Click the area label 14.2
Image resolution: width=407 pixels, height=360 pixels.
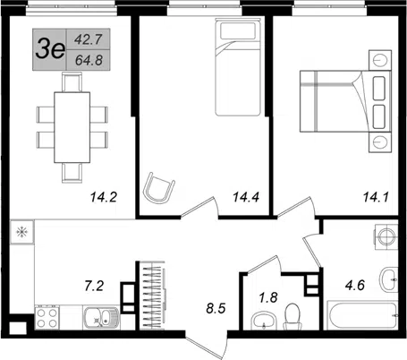[x=104, y=197]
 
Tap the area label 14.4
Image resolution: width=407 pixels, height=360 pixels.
[x=246, y=197]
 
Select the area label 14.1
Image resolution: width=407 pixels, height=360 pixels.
[x=376, y=197]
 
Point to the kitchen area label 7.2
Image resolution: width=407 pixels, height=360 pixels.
[x=94, y=286]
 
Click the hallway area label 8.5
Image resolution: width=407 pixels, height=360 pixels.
[x=216, y=308]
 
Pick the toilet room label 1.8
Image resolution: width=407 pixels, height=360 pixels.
[x=268, y=297]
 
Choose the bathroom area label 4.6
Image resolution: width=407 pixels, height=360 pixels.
[x=355, y=286]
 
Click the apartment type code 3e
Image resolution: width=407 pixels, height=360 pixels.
[x=50, y=49]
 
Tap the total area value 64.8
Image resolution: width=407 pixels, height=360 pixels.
[x=89, y=61]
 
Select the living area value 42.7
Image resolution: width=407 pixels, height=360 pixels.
[x=89, y=39]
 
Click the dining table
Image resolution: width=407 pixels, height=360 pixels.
[x=72, y=127]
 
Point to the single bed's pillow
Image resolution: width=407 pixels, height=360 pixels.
[x=238, y=31]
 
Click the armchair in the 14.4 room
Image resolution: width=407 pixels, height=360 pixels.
[x=158, y=188]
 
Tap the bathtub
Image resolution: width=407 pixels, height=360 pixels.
[x=362, y=315]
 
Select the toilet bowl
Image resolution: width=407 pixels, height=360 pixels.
[x=293, y=316]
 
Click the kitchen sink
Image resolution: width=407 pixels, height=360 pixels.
[x=102, y=318]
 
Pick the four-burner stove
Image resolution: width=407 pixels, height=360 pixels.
[x=47, y=318]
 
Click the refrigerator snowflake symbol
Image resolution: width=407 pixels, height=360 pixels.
[x=22, y=232]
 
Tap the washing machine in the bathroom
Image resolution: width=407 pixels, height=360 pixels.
[x=386, y=236]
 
